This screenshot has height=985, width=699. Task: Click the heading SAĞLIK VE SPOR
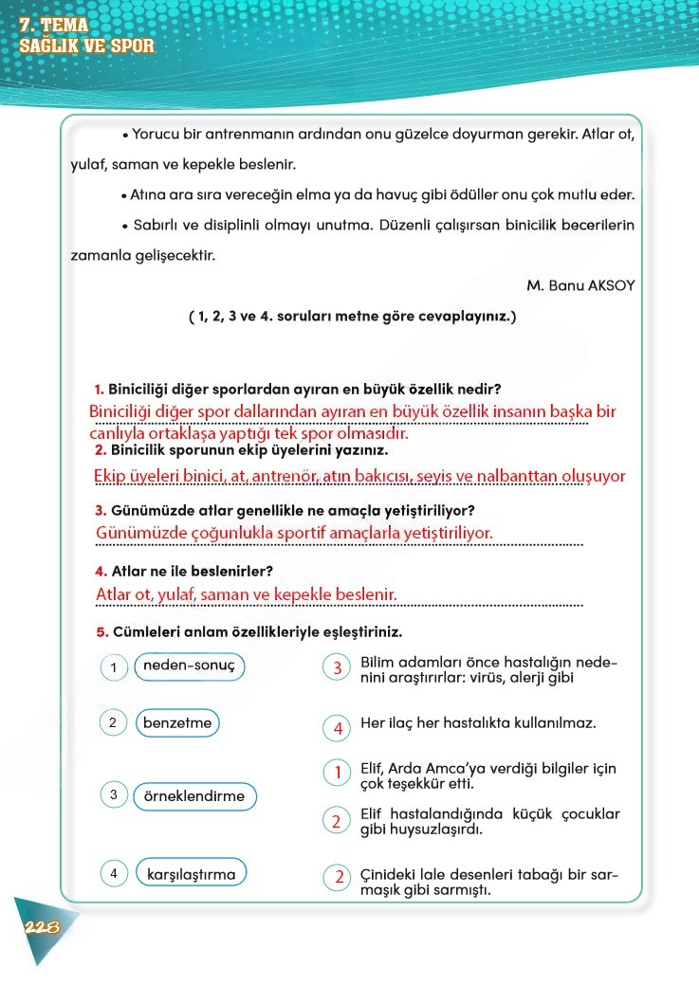pyautogui.click(x=86, y=46)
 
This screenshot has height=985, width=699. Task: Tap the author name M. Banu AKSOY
pyautogui.click(x=580, y=284)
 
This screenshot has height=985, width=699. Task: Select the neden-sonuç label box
pyautogui.click(x=189, y=666)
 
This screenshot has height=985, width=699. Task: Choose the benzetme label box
pyautogui.click(x=177, y=723)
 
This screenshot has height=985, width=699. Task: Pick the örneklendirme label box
pyautogui.click(x=193, y=796)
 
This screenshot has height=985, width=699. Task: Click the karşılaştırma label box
pyautogui.click(x=191, y=874)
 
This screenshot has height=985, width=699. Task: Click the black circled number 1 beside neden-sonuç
pyautogui.click(x=113, y=668)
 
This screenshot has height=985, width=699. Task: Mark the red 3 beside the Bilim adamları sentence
pyautogui.click(x=338, y=668)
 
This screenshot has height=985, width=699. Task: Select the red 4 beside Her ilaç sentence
pyautogui.click(x=338, y=728)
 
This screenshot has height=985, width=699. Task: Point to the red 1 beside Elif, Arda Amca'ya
pyautogui.click(x=338, y=774)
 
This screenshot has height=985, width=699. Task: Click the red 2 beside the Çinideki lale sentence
pyautogui.click(x=338, y=877)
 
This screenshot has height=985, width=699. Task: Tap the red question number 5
pyautogui.click(x=101, y=631)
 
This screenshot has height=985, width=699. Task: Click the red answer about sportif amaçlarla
pyautogui.click(x=294, y=533)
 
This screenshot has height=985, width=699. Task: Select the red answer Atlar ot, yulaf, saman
pyautogui.click(x=246, y=594)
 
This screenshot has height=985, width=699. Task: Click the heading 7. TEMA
pyautogui.click(x=53, y=26)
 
